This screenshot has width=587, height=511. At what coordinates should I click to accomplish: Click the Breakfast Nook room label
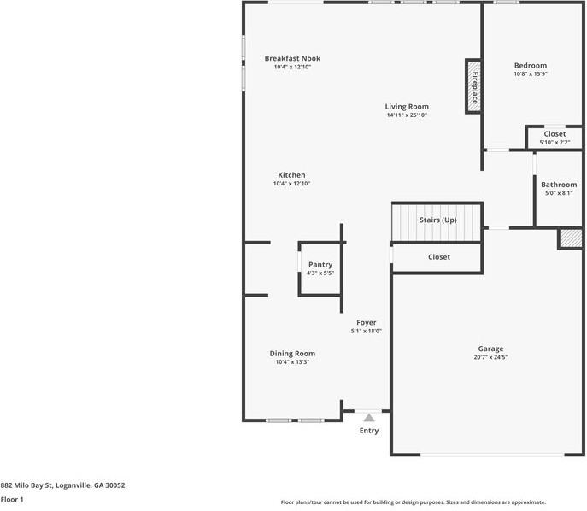point(291,58)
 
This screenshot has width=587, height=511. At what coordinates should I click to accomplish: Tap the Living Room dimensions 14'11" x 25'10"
point(407,115)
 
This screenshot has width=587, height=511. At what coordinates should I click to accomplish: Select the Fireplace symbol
point(473,85)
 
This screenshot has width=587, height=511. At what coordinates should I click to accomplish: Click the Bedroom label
point(530,65)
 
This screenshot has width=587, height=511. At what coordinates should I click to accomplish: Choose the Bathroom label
point(558,185)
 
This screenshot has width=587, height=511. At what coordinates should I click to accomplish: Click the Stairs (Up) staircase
point(437,221)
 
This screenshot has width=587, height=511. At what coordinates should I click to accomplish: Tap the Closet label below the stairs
point(438,257)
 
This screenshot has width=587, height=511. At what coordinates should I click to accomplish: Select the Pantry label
point(320,265)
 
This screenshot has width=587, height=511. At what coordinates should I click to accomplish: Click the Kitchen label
point(291,175)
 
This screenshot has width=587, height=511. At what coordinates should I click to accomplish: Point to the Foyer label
point(366,322)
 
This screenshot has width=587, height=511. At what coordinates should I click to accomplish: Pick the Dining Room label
point(292,354)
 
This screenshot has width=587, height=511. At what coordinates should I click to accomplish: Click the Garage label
point(490,349)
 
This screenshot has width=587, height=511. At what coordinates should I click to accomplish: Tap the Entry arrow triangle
point(368,418)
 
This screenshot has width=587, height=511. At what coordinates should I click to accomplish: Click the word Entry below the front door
point(368,431)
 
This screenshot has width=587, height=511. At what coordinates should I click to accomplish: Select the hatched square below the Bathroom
point(570,238)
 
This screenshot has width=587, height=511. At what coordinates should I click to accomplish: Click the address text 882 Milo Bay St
point(62,485)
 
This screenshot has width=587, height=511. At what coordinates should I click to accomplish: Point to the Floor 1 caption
point(12,499)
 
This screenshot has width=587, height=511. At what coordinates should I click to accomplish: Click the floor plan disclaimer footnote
point(413,502)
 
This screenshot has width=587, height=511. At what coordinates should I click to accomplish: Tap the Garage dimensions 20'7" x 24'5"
point(490,357)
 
